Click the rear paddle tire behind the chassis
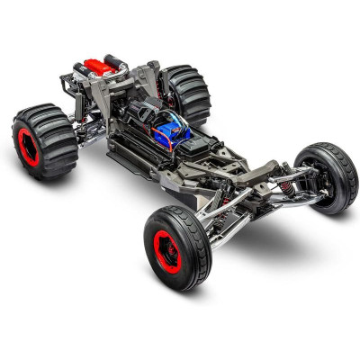pyautogui.click(x=186, y=94)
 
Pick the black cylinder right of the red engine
pyautogui.click(x=112, y=61)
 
